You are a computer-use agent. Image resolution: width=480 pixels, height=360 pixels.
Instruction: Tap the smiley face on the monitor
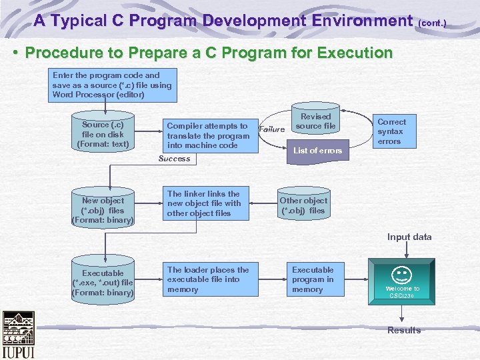pyautogui.click(x=402, y=274)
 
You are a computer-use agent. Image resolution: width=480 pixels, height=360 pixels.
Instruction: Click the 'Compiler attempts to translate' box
pyautogui.click(x=207, y=135)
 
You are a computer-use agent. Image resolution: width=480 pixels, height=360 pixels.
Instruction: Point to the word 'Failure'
pyautogui.click(x=272, y=129)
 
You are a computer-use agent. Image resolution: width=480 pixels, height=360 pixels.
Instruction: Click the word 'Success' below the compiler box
pyautogui.click(x=174, y=159)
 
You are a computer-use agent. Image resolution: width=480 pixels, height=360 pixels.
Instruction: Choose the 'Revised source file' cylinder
pyautogui.click(x=315, y=121)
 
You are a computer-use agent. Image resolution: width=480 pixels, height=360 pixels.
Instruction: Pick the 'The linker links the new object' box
pyautogui.click(x=209, y=203)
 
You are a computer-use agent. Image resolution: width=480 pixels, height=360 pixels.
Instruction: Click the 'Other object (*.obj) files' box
pyautogui.click(x=303, y=205)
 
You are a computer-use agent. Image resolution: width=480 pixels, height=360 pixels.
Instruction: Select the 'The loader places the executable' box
pyautogui.click(x=209, y=279)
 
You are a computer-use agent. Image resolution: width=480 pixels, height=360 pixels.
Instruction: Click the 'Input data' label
pyautogui.click(x=409, y=237)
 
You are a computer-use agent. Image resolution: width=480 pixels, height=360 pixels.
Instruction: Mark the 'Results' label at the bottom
pyautogui.click(x=404, y=330)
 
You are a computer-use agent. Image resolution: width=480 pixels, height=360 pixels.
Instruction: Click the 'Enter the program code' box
pyautogui.click(x=112, y=85)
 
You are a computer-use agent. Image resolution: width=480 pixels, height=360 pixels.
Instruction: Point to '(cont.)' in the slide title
pyautogui.click(x=432, y=23)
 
